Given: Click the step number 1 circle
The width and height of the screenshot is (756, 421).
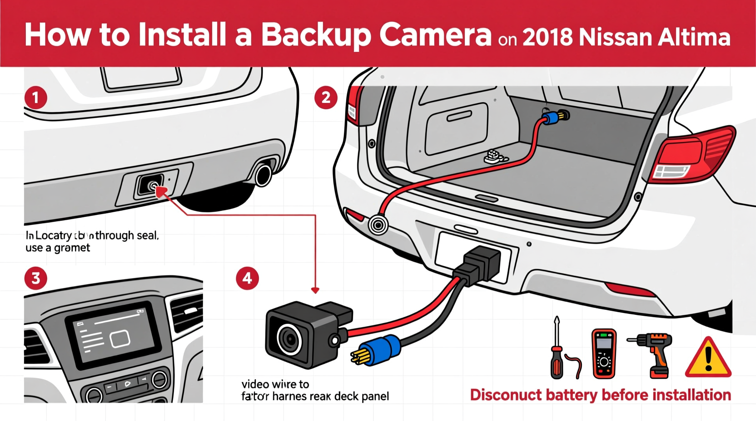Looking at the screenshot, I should click(35, 98).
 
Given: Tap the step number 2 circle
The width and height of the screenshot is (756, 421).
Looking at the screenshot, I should click(326, 98).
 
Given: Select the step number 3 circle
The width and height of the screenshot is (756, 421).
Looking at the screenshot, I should click(35, 278).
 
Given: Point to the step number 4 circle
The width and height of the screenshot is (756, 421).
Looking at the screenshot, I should click(247, 278).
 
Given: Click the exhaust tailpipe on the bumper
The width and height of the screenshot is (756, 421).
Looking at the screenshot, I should click(263, 175).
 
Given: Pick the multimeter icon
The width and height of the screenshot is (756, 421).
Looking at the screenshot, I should click(604, 354).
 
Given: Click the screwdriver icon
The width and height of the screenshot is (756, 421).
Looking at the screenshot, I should click(557, 349).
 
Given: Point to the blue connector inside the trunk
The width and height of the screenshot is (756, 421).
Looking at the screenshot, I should click(551, 119).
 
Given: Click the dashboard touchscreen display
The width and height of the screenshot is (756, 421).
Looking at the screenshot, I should click(114, 334).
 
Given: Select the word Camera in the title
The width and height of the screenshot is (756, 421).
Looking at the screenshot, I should click(435, 35).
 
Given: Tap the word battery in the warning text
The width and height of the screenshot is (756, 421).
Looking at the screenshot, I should click(571, 395).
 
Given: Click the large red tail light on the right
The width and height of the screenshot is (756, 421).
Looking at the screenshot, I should click(693, 154).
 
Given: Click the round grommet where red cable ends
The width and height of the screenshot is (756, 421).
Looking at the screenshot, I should click(378, 225).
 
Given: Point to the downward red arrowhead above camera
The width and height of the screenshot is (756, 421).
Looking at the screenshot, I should click(315, 290).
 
